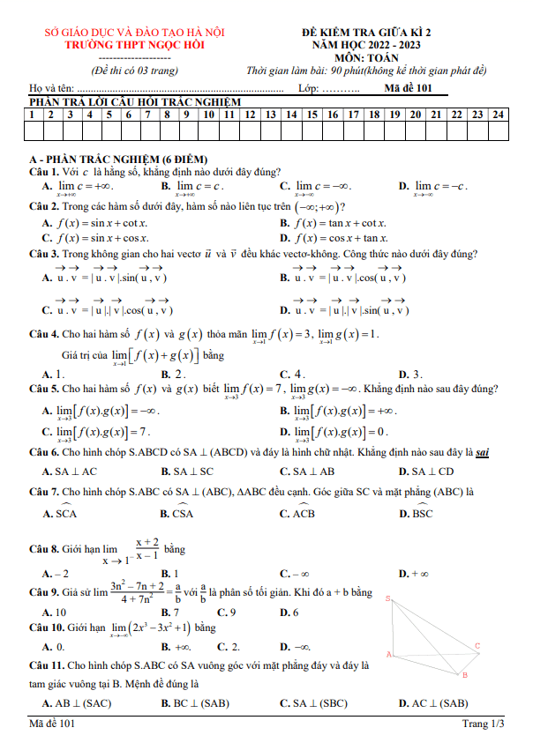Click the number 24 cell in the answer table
pyautogui.click(x=499, y=114)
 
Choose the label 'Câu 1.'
pyautogui.click(x=44, y=172)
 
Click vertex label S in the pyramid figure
pyautogui.click(x=388, y=598)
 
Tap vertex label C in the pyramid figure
pyautogui.click(x=477, y=646)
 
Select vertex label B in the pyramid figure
pyautogui.click(x=465, y=675)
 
